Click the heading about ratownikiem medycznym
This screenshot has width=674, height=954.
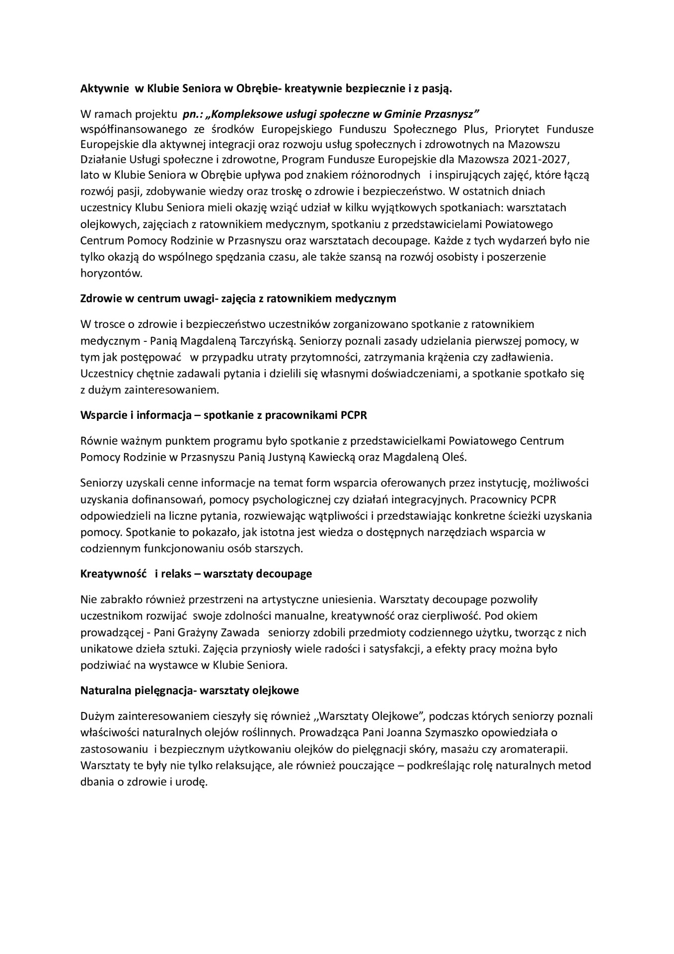(x=238, y=299)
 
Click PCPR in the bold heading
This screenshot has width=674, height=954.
(x=353, y=415)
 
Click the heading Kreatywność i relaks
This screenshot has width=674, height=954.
(x=196, y=573)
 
